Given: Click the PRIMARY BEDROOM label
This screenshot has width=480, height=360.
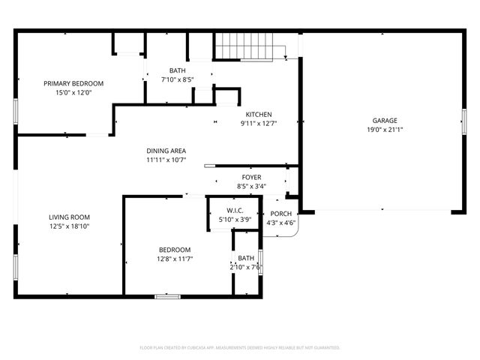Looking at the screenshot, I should click(73, 83).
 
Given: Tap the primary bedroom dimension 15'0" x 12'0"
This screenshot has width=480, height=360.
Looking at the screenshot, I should click(73, 92).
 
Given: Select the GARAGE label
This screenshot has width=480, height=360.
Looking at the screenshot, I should click(385, 120).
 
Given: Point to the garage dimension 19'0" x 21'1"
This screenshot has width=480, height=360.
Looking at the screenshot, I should click(385, 129).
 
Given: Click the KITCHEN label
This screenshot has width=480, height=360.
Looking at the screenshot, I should click(259, 114).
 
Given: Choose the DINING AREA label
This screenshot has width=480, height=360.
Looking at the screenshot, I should click(166, 150).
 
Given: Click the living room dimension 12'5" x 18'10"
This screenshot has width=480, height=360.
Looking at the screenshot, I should click(69, 226).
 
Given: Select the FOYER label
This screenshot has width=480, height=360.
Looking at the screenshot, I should click(251, 177).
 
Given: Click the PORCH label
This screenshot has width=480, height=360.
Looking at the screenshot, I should click(282, 214).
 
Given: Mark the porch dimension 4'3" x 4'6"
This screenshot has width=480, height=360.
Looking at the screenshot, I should click(282, 223).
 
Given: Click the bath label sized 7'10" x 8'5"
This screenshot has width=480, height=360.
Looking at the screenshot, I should click(177, 70).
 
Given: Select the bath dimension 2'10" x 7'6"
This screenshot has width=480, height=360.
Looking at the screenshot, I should click(246, 267).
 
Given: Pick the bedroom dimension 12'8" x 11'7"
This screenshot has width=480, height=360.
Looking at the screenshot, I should click(174, 259).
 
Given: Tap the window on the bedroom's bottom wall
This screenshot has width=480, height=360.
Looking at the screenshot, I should click(167, 296).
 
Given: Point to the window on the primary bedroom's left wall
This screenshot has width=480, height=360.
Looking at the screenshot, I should click(16, 111).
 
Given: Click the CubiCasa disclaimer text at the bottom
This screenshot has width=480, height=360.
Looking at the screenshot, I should click(240, 348).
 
